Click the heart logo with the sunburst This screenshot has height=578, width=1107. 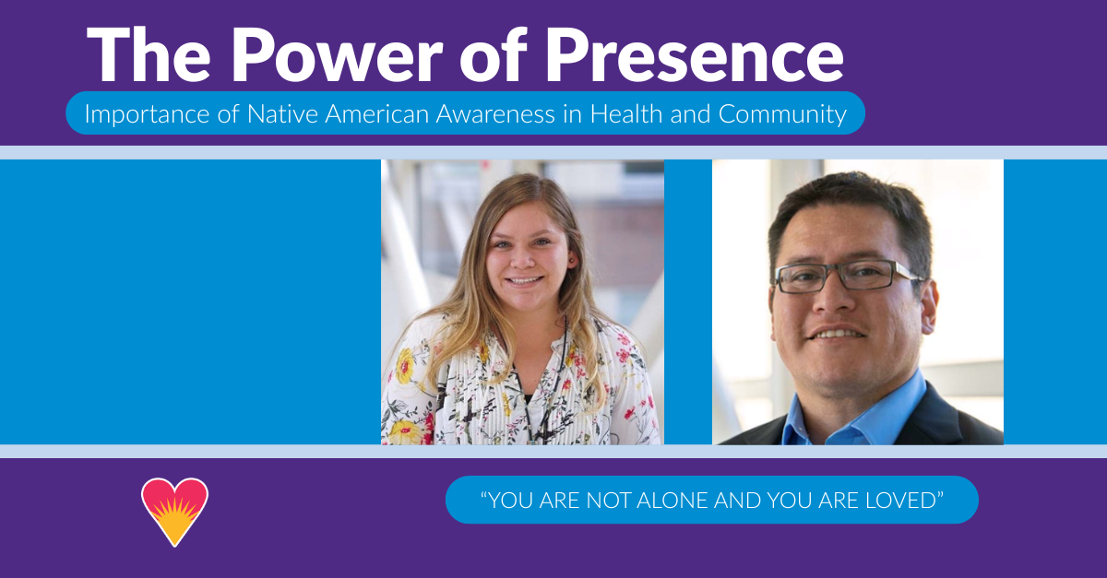pos(175,510)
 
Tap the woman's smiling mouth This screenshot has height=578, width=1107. pos(526,278)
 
